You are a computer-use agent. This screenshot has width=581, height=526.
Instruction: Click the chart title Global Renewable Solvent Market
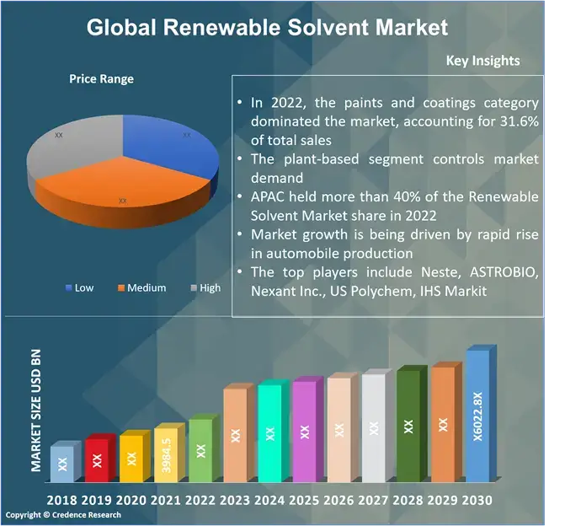coord(268,28)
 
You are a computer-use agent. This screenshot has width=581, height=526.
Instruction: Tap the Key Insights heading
coord(482,61)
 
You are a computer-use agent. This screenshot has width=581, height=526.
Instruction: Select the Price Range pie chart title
coord(101,79)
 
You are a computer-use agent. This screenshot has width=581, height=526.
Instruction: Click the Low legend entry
coord(79,287)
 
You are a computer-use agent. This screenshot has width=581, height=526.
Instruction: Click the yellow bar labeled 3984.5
coord(166,455)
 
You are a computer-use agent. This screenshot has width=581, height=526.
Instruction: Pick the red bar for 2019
coord(97,459)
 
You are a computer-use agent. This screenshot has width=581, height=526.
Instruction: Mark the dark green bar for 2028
coord(408,426)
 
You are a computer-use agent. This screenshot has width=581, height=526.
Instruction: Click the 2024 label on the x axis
coord(269,500)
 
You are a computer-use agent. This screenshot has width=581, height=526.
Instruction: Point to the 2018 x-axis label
coord(61,500)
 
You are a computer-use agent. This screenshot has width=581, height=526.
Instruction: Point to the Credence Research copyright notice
coord(63,515)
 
